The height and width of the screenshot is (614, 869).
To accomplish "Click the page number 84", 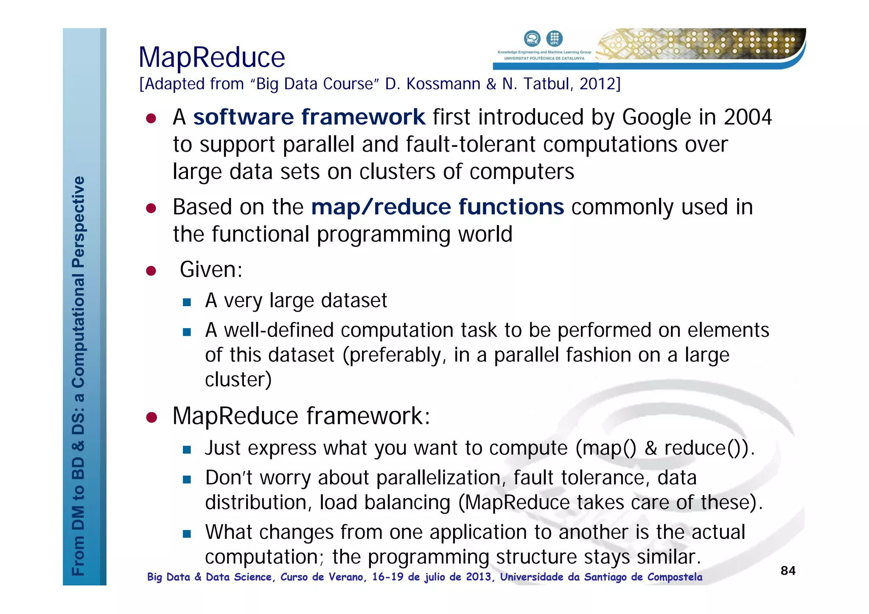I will tap(788, 571).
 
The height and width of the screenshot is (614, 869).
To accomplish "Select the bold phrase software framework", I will tap(309, 117).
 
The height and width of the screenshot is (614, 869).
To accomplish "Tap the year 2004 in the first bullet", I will tap(748, 117).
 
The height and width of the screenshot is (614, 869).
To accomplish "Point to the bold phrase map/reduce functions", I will tap(437, 207).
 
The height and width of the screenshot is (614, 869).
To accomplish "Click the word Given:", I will tap(211, 270).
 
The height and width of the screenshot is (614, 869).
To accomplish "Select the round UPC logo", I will tap(554, 38).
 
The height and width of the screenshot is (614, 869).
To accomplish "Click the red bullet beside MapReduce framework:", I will tap(151, 418).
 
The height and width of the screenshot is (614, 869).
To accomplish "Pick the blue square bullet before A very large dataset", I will tap(187, 302).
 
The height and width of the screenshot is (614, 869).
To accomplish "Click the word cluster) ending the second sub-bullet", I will tap(238, 380).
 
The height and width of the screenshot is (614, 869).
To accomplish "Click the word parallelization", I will tap(441, 478).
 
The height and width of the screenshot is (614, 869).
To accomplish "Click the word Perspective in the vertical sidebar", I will tap(78, 222).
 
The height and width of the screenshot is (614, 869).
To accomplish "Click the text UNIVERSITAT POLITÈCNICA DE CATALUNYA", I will tap(544, 59).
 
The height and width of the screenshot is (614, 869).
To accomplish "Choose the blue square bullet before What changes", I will tap(187, 534).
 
